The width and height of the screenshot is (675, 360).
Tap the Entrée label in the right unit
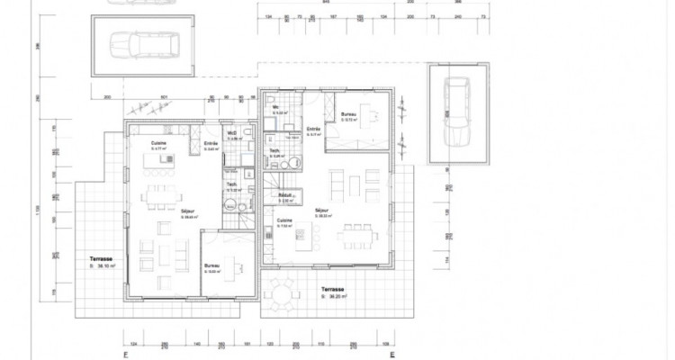pyautogui.click(x=313, y=130)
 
